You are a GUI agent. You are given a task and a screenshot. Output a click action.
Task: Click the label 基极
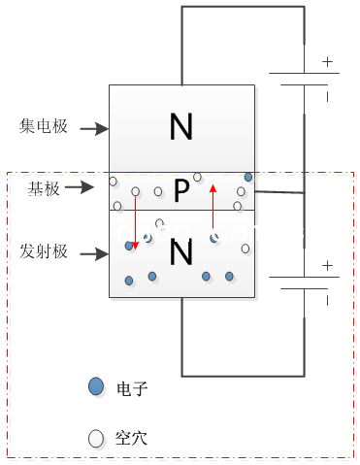click(45, 189)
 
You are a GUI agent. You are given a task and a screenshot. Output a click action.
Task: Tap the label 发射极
click(44, 252)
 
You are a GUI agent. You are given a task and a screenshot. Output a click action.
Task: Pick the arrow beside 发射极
click(92, 255)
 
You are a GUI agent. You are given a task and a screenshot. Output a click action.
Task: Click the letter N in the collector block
click(181, 125)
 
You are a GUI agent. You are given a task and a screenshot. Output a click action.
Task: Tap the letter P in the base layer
click(180, 192)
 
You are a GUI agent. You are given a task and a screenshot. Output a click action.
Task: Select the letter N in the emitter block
click(181, 253)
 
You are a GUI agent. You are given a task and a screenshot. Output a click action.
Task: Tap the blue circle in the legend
click(95, 386)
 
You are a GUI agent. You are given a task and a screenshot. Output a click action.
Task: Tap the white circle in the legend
click(95, 438)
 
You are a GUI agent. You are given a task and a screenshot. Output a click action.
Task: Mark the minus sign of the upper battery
click(327, 97)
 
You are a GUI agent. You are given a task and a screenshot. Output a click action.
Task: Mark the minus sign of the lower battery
click(327, 300)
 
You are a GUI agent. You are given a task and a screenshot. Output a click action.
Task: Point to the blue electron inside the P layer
click(248, 177)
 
